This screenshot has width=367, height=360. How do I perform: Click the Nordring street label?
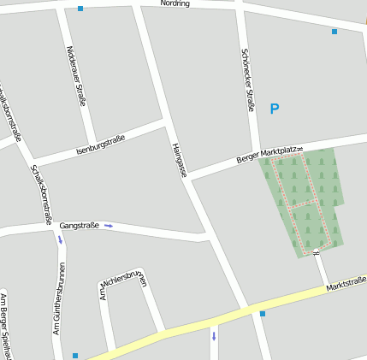click(175, 3)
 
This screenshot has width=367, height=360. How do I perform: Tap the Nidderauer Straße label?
click(76, 75)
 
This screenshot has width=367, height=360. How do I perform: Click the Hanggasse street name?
click(179, 160)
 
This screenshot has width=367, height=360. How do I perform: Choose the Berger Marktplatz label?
click(269, 153)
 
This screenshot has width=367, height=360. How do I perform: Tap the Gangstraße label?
click(79, 225)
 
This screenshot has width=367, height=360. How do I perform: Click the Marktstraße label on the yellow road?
click(346, 282)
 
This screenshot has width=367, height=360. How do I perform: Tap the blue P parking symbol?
click(275, 109)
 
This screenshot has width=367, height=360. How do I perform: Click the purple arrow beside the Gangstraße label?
click(109, 226)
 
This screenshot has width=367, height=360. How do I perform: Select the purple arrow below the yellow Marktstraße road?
click(214, 335)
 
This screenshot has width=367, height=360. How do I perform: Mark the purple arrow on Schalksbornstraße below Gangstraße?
click(60, 239)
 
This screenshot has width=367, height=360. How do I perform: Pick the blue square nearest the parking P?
click(334, 32)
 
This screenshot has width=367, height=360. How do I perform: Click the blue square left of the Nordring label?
click(80, 9)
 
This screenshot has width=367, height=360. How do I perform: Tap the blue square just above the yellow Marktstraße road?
click(263, 314)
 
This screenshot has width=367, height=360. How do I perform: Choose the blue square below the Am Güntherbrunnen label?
click(75, 355)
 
